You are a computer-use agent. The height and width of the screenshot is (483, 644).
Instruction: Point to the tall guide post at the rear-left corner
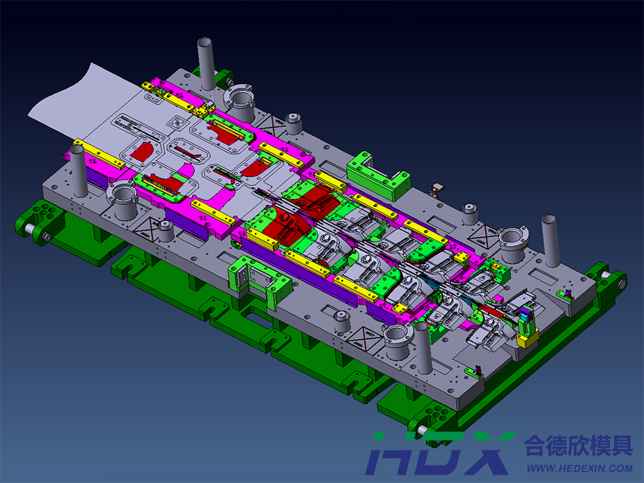tap(206, 63)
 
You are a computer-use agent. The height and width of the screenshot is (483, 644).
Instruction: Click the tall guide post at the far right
tap(551, 240)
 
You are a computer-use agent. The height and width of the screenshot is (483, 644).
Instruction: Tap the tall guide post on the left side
tap(78, 170)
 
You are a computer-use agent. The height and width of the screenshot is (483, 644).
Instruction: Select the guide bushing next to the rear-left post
tap(239, 102)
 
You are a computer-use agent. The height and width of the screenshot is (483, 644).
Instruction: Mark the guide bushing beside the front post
tap(397, 340)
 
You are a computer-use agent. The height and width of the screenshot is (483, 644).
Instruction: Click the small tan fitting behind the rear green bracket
tap(437, 187)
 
